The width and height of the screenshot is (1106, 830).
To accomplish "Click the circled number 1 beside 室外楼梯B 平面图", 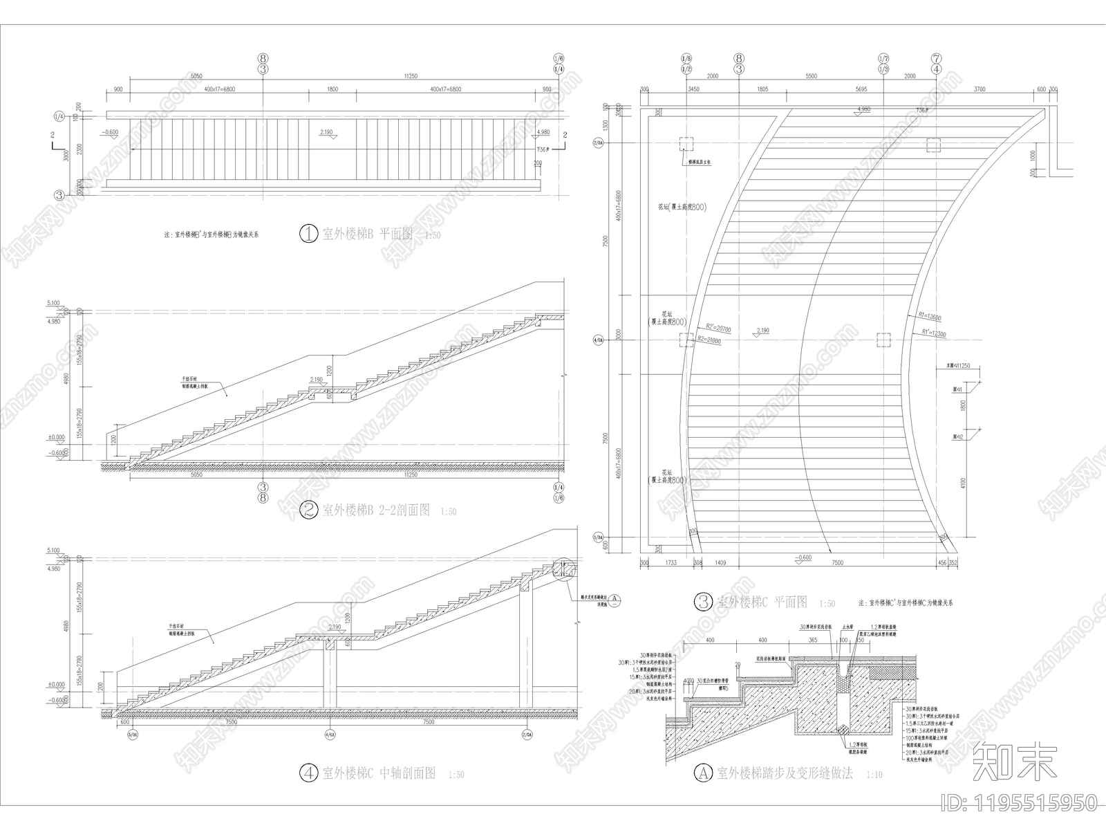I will tap(308, 234).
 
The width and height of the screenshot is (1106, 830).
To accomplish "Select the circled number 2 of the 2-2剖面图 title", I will tap(309, 510).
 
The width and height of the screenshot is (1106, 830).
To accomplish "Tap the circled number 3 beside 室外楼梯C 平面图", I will tap(702, 602).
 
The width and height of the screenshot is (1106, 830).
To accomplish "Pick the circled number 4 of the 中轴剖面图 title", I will tap(309, 773).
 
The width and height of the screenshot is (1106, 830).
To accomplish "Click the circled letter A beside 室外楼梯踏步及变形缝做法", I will tap(703, 772).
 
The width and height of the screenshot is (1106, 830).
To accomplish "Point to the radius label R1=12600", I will tap(930, 315).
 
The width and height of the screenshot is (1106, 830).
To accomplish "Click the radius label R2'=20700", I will tap(718, 329).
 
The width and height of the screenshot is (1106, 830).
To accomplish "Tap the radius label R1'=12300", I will tap(934, 333).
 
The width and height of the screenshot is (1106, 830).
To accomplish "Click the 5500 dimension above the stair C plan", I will tap(812, 77).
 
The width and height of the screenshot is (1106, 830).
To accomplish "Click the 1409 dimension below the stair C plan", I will tap(720, 564).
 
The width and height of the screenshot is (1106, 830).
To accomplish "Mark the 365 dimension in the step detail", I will tap(813, 640).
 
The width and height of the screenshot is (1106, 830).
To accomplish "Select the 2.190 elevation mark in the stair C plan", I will tap(762, 331).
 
